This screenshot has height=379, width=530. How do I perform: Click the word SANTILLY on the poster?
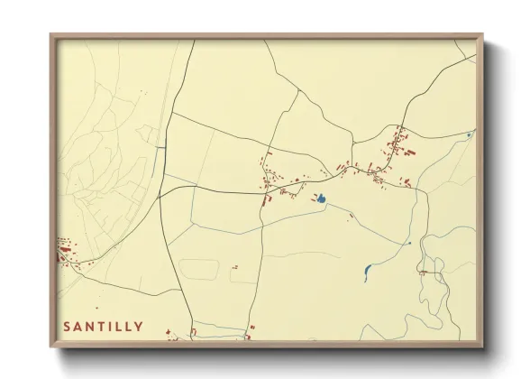(102, 326)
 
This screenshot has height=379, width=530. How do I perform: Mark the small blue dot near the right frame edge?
(469, 134)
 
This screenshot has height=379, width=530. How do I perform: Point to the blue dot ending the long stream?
(409, 243)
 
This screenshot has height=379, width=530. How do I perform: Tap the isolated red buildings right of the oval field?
(235, 267)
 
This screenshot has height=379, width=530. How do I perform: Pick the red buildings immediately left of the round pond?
(315, 196)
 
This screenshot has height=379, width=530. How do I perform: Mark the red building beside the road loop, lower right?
(421, 271)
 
